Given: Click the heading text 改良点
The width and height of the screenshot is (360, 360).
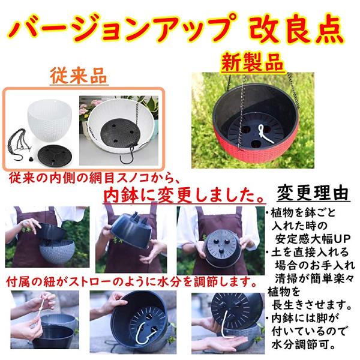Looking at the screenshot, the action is [x=296, y=29].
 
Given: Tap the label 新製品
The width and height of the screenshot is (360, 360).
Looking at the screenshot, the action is [x=253, y=62].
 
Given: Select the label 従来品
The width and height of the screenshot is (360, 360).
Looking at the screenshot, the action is [x=79, y=76].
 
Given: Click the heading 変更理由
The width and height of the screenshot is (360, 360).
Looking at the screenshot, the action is [x=313, y=193].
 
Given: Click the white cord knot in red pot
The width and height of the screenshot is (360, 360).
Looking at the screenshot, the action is [x=264, y=134].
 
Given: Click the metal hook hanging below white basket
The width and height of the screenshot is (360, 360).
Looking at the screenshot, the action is [x=127, y=155].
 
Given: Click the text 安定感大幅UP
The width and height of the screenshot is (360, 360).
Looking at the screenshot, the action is [x=313, y=240].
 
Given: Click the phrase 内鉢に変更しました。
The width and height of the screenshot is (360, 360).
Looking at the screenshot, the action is [x=184, y=196].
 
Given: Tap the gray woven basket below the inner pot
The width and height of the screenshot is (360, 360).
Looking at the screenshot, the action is [x=58, y=252].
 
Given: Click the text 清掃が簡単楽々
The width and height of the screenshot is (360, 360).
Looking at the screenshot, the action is [x=314, y=280].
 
